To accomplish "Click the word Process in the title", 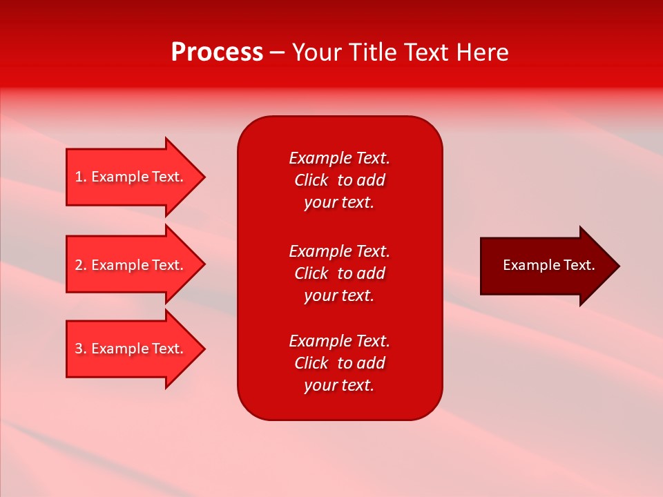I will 217,52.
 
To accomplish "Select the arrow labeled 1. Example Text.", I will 131,177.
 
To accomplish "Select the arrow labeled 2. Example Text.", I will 131,265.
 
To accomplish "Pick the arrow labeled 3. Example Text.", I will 131,349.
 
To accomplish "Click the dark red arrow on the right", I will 546,266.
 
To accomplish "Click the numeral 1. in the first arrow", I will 81,177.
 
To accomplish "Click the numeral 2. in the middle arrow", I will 81,265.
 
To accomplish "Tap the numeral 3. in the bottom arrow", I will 81,349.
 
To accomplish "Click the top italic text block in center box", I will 339,180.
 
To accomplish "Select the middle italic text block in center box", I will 339,273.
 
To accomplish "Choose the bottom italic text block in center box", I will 339,363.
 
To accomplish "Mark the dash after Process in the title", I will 277,53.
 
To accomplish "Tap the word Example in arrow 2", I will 120,265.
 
